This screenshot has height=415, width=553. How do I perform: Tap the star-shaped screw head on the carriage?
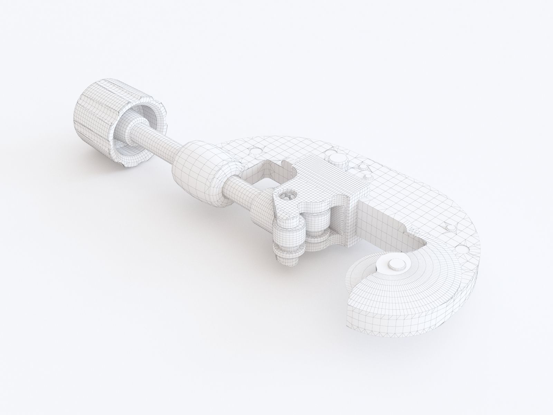point(287,197)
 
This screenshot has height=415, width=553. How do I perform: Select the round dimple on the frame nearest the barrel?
point(255,151)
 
